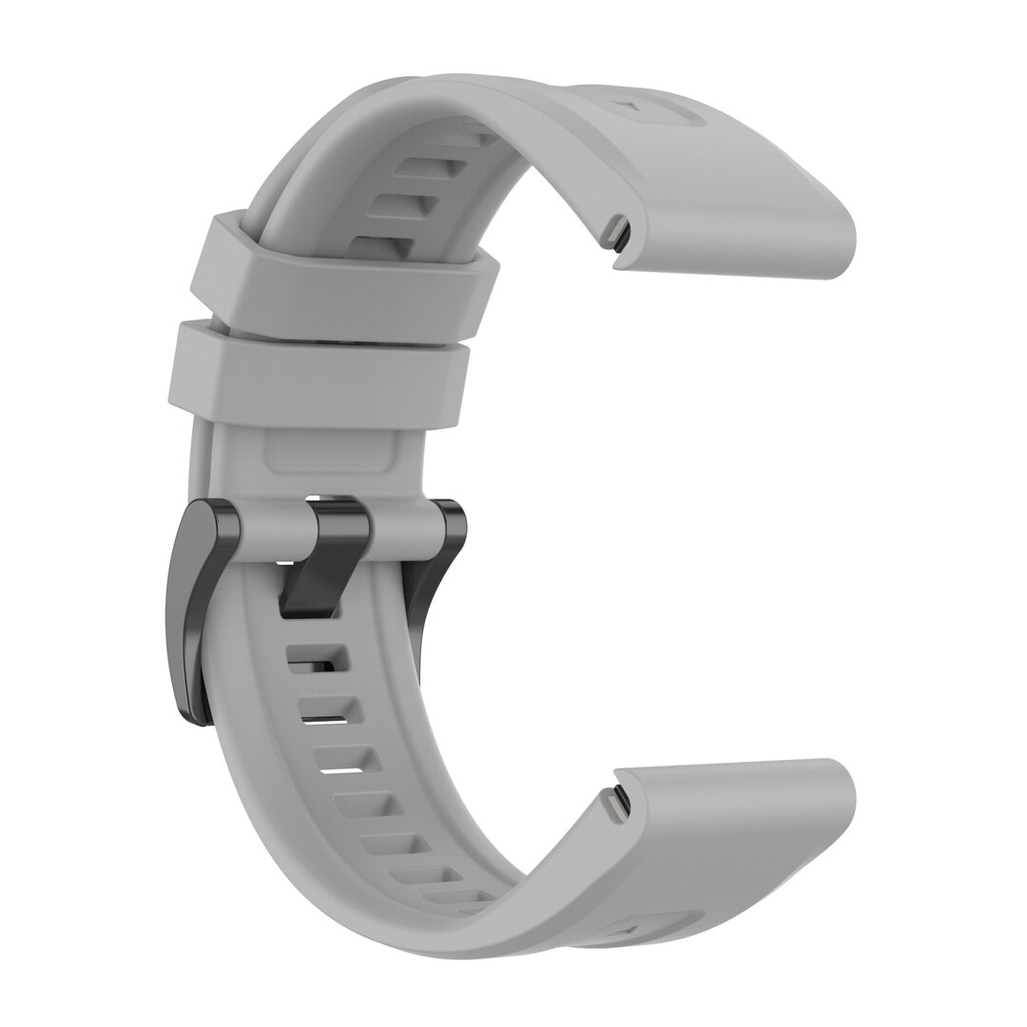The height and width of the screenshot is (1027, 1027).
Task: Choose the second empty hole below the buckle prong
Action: point(329,709)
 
